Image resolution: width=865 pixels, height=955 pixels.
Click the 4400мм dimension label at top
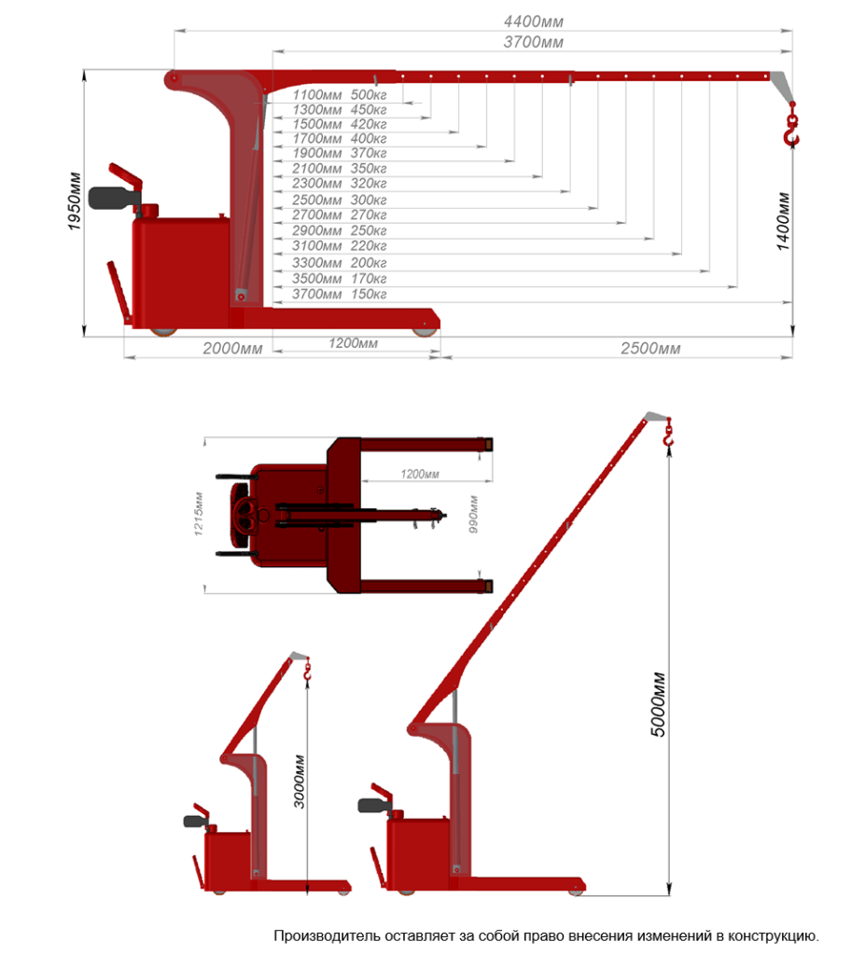(534, 21)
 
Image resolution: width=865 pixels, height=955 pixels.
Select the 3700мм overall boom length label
(534, 42)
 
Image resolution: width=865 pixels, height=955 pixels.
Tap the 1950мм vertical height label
(75, 201)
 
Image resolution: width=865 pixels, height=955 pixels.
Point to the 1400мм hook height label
(783, 221)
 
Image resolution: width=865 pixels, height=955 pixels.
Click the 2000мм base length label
(232, 349)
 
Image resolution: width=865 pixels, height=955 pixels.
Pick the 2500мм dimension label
(650, 349)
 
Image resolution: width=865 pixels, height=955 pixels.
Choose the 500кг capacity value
(369, 95)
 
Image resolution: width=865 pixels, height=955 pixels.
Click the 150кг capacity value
(369, 294)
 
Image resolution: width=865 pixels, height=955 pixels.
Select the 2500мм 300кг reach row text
(339, 200)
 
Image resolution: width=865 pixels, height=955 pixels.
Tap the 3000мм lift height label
(300, 782)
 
